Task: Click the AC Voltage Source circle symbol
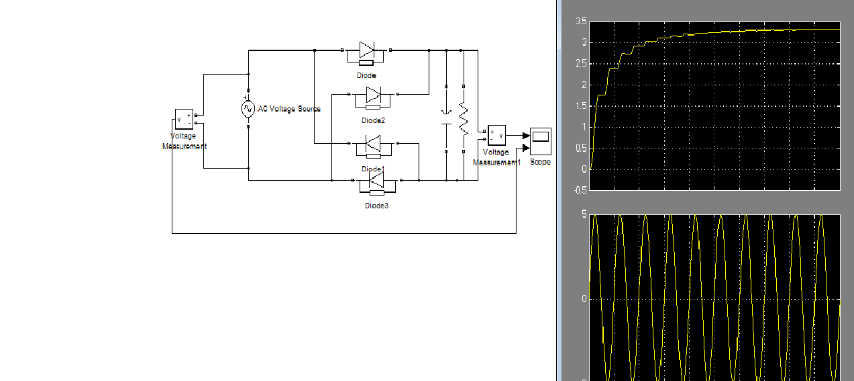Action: pos(248,109)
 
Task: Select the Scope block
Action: pos(541,141)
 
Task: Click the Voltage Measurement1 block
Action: pos(496,135)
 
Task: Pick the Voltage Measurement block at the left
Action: pos(184,119)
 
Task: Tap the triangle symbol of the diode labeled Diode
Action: pos(367,50)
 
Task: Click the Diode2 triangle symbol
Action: pos(374,94)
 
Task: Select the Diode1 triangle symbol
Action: pos(373,144)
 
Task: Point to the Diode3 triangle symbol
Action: pos(376,180)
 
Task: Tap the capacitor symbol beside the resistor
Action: pos(446,119)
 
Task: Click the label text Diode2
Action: pos(373,121)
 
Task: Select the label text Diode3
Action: pos(376,206)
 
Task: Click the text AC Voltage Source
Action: pos(289,109)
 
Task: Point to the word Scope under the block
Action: pos(540,162)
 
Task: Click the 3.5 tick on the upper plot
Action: pos(582,22)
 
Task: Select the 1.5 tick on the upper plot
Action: pos(582,105)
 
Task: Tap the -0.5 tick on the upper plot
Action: pos(581,190)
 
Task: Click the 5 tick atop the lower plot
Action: pos(584,214)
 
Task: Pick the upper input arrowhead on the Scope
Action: pos(526,136)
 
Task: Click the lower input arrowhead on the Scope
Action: pos(526,148)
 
